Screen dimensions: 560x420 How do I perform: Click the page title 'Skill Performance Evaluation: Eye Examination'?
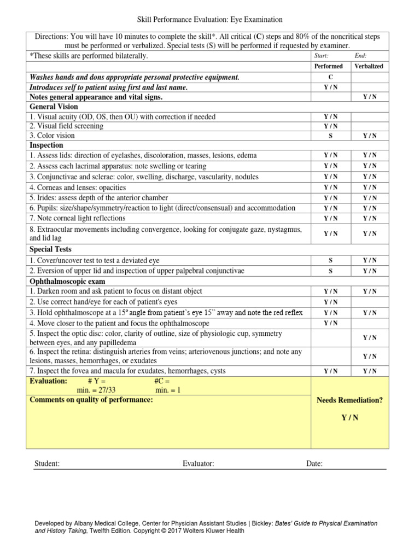coord(210,20)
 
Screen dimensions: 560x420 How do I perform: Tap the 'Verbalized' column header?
coord(369,66)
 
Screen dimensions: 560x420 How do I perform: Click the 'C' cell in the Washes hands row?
coord(330,78)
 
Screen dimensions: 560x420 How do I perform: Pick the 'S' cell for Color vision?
coord(330,136)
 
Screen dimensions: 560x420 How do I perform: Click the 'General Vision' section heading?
coord(54,107)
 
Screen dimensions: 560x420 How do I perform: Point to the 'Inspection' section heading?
coord(46,145)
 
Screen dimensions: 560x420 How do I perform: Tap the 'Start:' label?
coord(322,56)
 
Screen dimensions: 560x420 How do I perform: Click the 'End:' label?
coord(360,56)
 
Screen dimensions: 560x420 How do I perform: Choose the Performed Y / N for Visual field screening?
coord(330,126)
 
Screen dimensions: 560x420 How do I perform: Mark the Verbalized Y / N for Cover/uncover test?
coord(369,260)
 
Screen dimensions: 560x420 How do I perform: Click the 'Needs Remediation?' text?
coord(350,400)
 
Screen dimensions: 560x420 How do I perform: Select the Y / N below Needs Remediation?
coord(350,418)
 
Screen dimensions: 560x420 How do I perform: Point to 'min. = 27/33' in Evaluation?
coord(96,390)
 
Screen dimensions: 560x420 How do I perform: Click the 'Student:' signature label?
coord(47,464)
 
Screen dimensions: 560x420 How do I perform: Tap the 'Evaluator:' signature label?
coord(198,464)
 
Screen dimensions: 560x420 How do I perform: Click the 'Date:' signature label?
coord(314,464)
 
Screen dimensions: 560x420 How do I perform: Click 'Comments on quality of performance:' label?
coord(91,400)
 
